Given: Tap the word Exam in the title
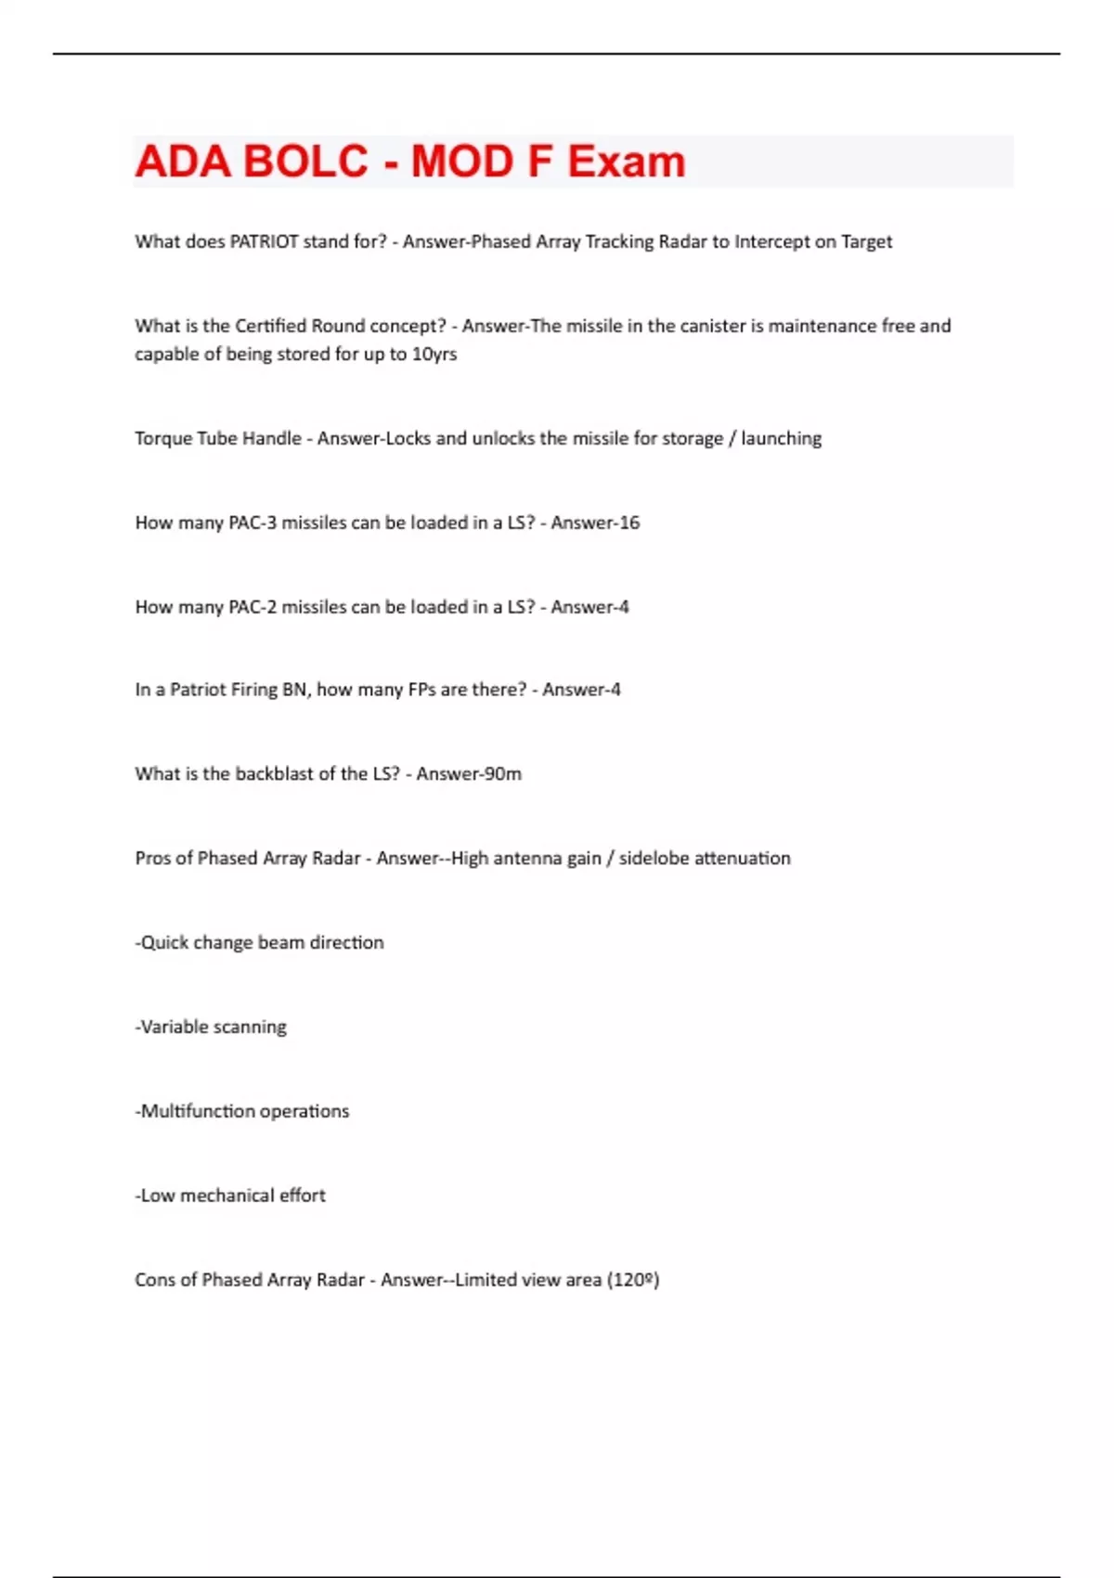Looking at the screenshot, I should (627, 162).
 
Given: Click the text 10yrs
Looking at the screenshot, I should (434, 354).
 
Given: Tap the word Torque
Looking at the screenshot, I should (163, 438).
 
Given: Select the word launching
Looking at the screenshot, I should (781, 438).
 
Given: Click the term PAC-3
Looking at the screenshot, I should (253, 523).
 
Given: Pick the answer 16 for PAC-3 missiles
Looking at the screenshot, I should (629, 523).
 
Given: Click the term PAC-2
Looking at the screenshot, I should (253, 607).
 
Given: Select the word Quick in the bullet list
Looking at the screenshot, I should (164, 943).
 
